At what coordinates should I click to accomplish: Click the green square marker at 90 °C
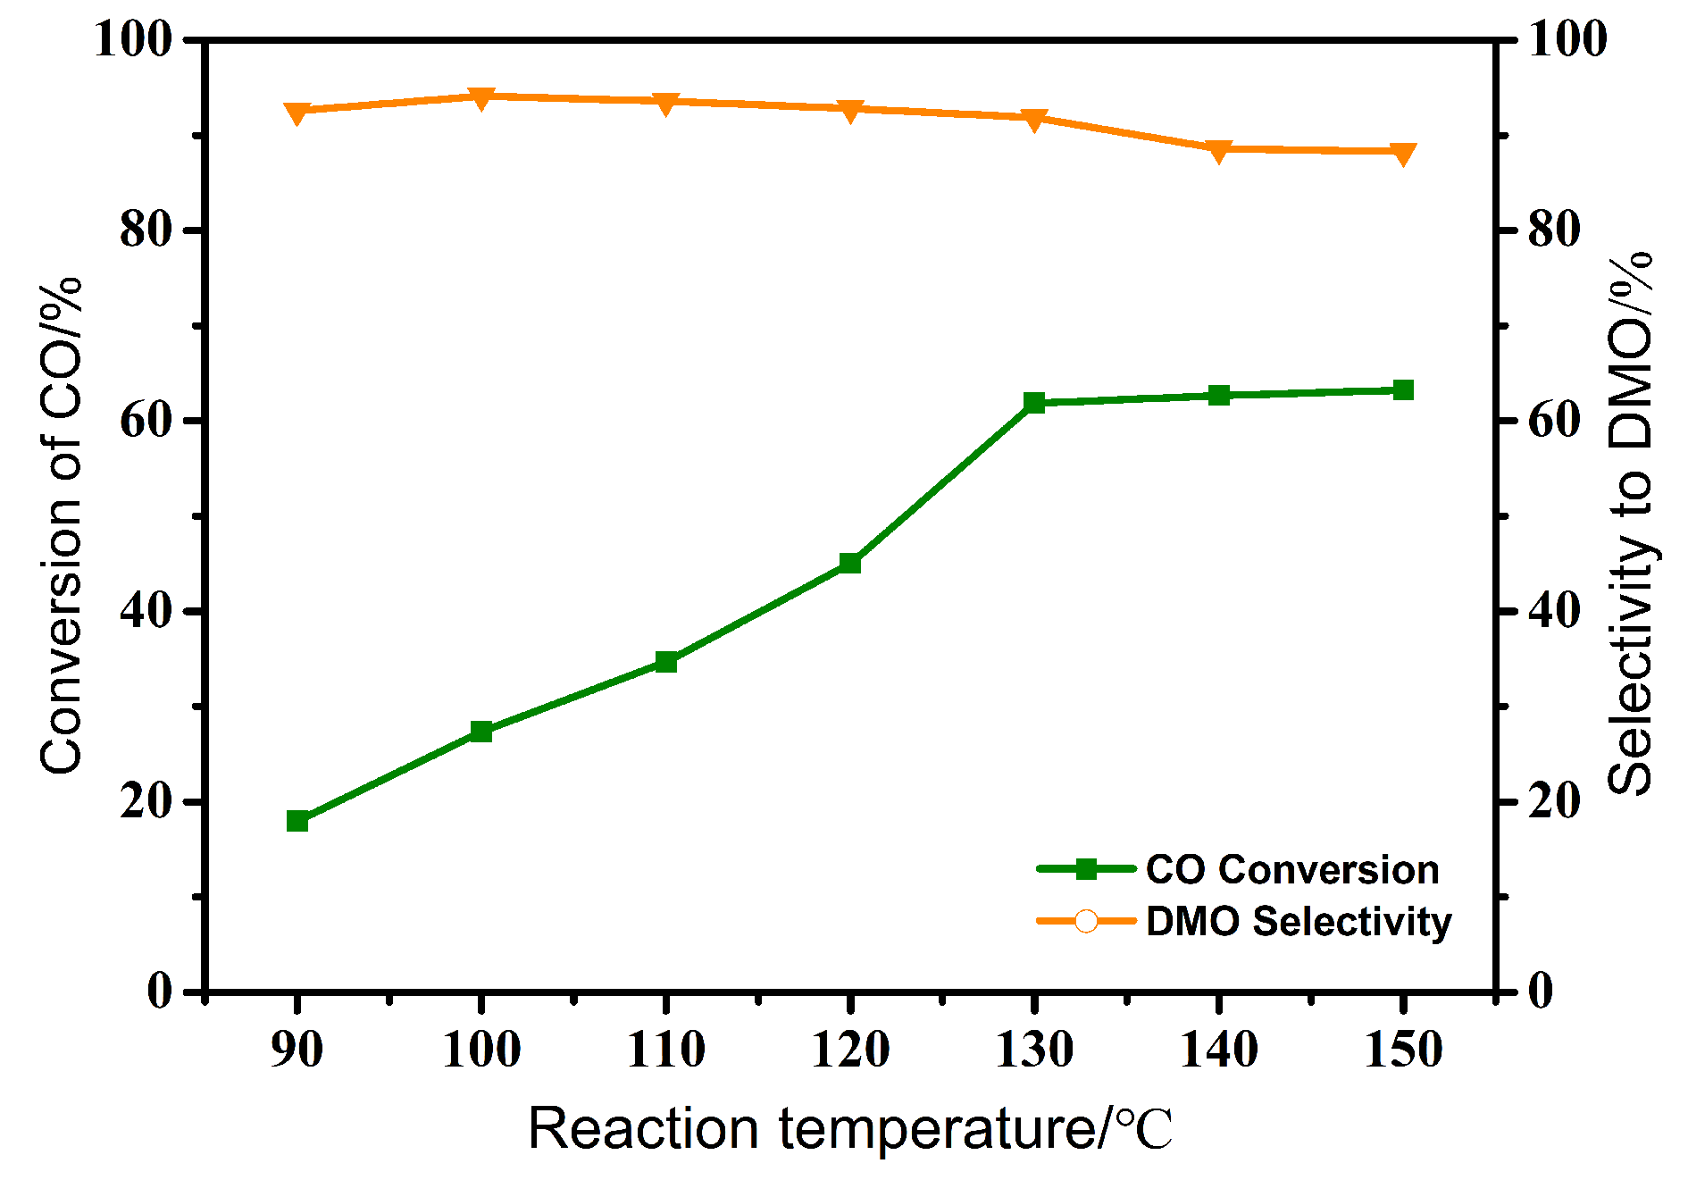(x=297, y=821)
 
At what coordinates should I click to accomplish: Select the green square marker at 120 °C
(x=849, y=563)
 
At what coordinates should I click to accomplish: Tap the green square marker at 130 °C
(x=1034, y=403)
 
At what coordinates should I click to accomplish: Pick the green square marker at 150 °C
(x=1403, y=390)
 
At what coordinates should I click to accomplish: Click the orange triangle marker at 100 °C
(x=481, y=97)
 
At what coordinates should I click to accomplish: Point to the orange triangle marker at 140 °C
(x=1219, y=151)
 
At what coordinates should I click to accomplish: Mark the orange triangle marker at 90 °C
(x=297, y=113)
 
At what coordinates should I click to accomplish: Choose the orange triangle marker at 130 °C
(x=1034, y=120)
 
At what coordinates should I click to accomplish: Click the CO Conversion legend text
(x=1292, y=870)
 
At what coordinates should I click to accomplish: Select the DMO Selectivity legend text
(x=1299, y=921)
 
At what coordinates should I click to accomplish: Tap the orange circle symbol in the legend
(x=1086, y=921)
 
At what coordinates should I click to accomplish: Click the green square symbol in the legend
(x=1086, y=869)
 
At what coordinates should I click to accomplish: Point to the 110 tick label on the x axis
(x=665, y=1050)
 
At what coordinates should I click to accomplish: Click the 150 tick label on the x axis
(x=1403, y=1050)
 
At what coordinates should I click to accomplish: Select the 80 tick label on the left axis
(x=146, y=230)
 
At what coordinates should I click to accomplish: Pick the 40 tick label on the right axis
(x=1554, y=611)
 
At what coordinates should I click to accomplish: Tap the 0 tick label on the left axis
(x=160, y=992)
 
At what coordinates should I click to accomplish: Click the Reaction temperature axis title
(x=848, y=1129)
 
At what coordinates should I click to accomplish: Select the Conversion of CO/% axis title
(x=61, y=525)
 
